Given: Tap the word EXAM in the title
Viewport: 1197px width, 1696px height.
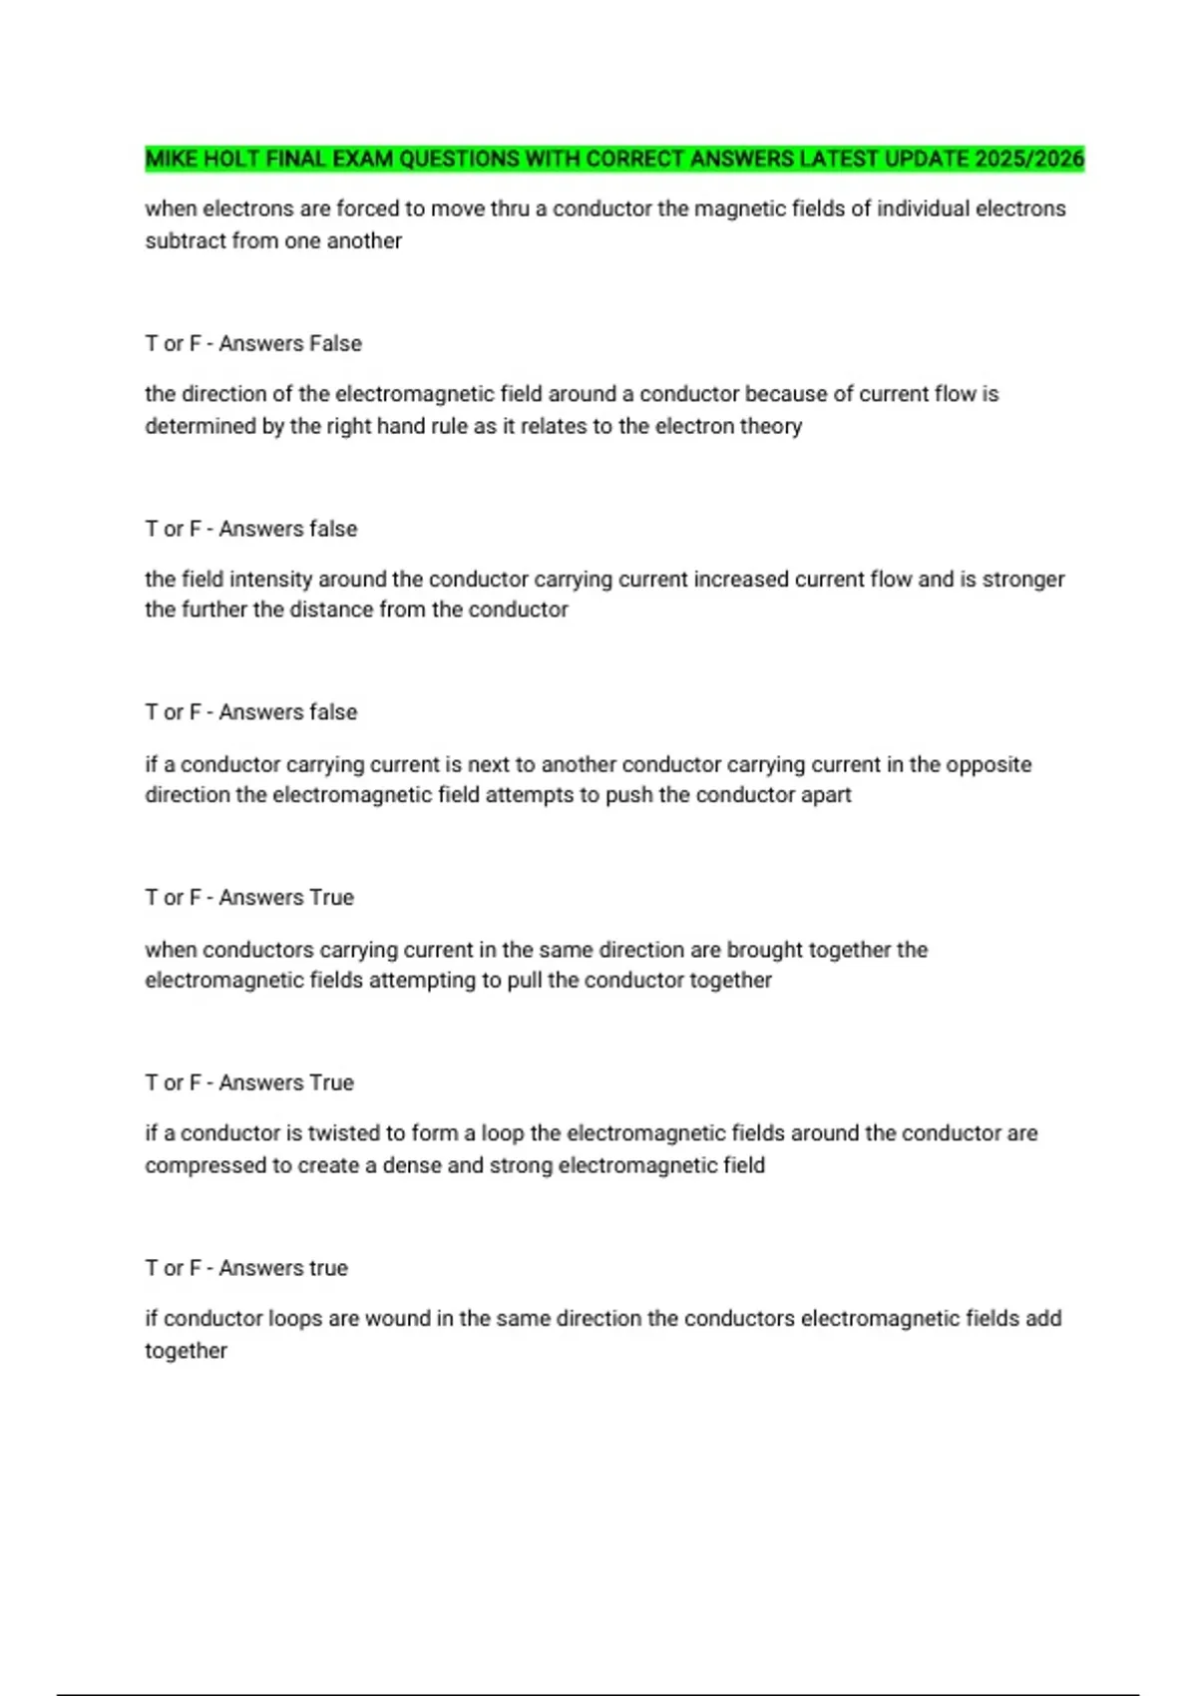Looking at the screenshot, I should tap(362, 159).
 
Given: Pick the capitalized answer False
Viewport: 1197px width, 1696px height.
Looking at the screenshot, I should tap(335, 343).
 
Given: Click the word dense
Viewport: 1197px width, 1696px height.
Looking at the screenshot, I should tap(412, 1165).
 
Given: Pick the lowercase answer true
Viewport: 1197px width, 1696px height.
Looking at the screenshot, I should tap(327, 1268).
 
